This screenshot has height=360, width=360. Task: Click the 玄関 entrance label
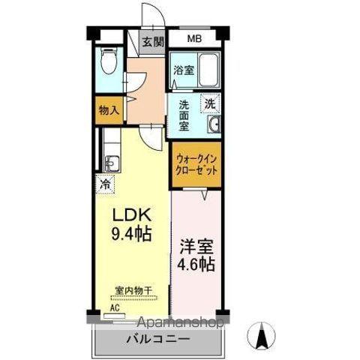[154, 41]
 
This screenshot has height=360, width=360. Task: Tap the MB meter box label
[194, 39]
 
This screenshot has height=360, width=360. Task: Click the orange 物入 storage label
[109, 110]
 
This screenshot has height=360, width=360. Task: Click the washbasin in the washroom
[214, 125]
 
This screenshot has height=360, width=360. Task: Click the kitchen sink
[111, 162]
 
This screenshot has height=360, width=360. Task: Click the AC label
[115, 307]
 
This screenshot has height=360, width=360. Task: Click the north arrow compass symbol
[262, 335]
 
